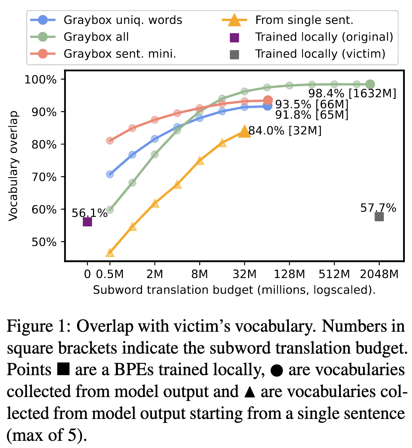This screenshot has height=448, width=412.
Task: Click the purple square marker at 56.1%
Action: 87,222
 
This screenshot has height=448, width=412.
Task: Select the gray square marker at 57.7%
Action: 379,216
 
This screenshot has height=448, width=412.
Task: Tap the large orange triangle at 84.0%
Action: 244,131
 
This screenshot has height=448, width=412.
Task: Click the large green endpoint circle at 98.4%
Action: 370,84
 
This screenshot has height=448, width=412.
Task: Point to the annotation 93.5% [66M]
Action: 312,104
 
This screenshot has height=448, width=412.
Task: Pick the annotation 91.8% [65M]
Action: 312,115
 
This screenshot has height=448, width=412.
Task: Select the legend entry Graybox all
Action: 96,37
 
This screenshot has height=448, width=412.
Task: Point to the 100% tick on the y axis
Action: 40,80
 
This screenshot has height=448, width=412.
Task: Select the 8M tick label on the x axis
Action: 199,274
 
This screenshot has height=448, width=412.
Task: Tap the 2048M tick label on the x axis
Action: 379,274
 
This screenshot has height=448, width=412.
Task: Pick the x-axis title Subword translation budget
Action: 234,290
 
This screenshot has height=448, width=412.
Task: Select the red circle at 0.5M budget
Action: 110,141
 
